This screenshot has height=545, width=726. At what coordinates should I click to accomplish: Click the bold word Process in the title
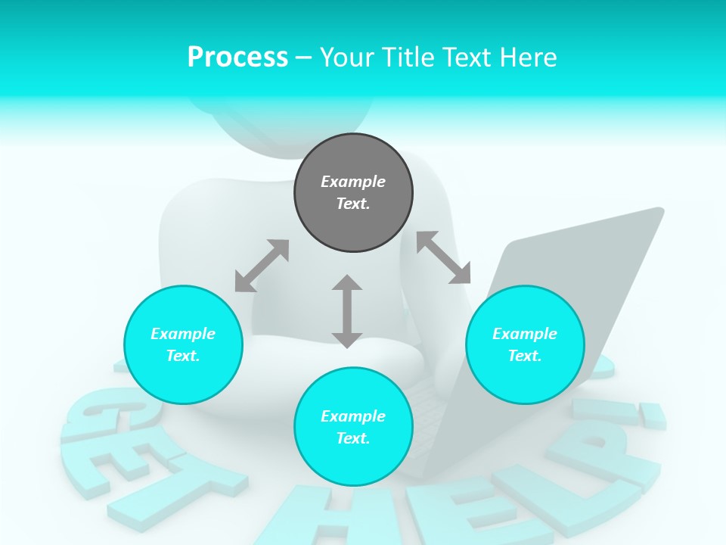(x=237, y=58)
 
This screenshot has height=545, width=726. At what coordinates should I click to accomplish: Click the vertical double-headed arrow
(x=347, y=311)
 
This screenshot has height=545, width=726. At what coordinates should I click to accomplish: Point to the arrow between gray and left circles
(x=262, y=266)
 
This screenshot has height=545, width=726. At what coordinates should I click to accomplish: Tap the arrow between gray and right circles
(x=443, y=257)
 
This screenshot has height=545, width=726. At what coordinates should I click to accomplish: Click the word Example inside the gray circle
(x=353, y=182)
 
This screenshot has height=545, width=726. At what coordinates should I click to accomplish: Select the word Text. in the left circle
(x=183, y=356)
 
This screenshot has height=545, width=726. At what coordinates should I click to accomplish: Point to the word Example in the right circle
(x=525, y=334)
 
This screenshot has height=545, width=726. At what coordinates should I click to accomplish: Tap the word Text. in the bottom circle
(x=353, y=438)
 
